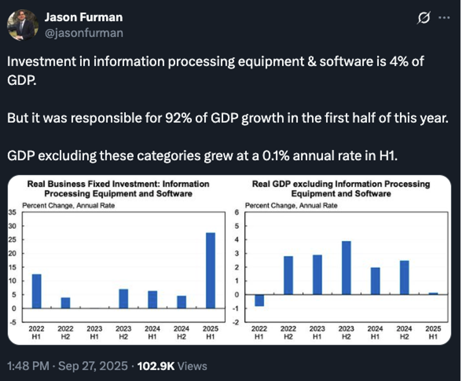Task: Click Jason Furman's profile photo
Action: (x=23, y=25)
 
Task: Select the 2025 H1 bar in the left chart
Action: (x=211, y=270)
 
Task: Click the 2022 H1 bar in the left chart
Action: (x=37, y=291)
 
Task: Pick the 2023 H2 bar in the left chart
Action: (x=124, y=298)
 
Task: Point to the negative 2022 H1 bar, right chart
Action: (x=259, y=300)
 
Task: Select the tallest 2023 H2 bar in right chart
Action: (x=346, y=267)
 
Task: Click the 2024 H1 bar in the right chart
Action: (x=375, y=281)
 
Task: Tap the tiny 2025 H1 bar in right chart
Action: (x=433, y=294)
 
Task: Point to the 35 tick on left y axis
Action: (x=12, y=212)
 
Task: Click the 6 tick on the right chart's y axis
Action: (x=237, y=212)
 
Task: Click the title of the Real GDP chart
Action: (x=341, y=189)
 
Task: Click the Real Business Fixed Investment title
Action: (x=118, y=189)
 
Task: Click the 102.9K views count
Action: (x=155, y=366)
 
